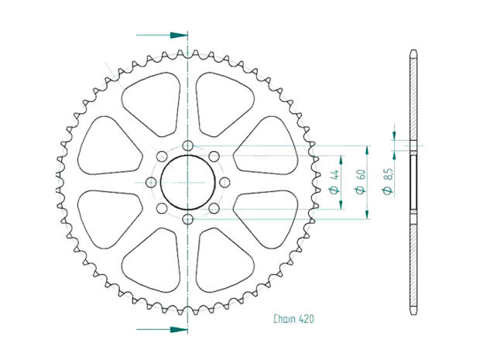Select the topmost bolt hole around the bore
coord(187,146)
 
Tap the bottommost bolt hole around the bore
coord(187,221)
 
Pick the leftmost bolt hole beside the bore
coord(150,183)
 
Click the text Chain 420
coord(293,318)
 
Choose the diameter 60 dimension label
coord(360,183)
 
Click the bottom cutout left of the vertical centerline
coord(151,268)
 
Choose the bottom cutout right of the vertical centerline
coord(223,268)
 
